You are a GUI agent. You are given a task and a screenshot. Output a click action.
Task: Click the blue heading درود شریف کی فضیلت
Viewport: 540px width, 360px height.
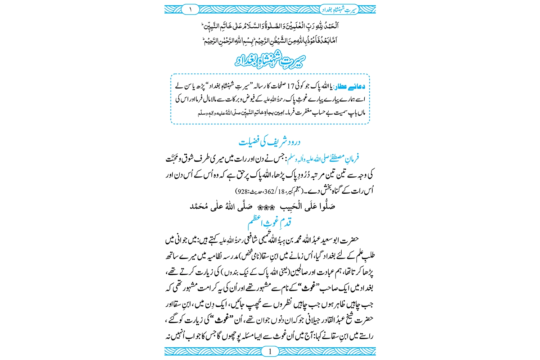click(270, 142)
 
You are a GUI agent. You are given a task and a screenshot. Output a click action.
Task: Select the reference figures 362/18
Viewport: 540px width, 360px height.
click(274, 191)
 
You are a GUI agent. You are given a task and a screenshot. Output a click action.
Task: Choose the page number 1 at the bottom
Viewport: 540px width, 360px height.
click(270, 351)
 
